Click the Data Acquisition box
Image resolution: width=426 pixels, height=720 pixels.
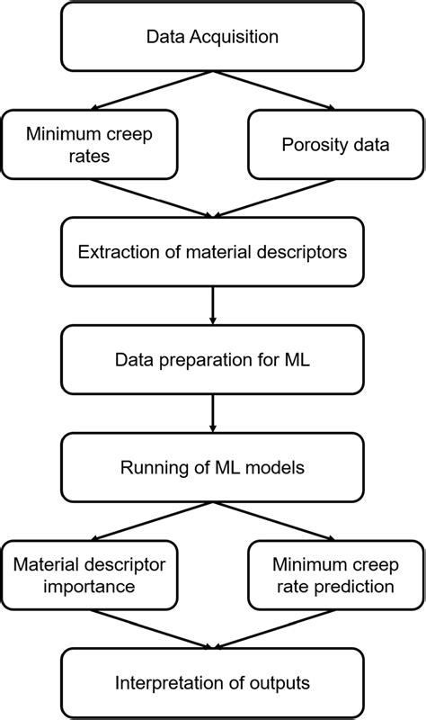coord(212,38)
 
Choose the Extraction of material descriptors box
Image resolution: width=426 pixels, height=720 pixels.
coord(212,252)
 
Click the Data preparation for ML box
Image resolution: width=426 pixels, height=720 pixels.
coord(212,360)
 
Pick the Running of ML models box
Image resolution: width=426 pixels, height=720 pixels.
coord(212,468)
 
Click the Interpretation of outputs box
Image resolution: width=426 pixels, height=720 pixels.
coord(212,683)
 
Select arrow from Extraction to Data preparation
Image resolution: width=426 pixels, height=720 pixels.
coord(212,306)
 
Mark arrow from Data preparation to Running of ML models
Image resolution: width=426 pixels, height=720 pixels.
coord(212,414)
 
